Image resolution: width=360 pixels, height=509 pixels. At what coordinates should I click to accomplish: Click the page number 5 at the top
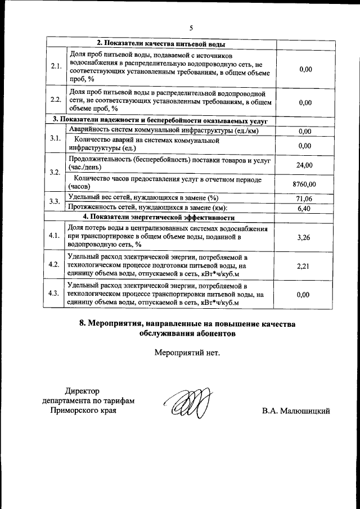[x=191, y=28]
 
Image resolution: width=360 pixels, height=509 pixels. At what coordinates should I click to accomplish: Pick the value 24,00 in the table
[x=305, y=165]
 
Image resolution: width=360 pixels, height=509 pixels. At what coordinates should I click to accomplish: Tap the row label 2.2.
[x=56, y=100]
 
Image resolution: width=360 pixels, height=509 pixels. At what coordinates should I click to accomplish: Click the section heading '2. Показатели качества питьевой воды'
[x=162, y=43]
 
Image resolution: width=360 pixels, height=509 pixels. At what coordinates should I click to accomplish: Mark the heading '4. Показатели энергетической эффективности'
[x=159, y=217]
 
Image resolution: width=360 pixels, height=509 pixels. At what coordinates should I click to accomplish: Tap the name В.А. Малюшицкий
[x=295, y=412]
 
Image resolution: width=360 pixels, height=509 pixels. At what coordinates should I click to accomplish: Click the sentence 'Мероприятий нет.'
[x=187, y=353]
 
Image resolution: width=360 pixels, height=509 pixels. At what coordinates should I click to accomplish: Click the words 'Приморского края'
[x=84, y=411]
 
